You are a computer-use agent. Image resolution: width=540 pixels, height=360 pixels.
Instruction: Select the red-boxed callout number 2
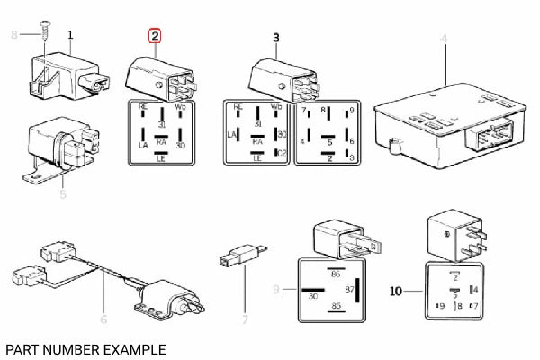pos(155,36)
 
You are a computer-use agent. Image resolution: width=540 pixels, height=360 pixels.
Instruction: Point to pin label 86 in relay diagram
pos(335,272)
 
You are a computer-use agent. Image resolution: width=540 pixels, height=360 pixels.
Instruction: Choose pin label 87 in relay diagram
pos(349,290)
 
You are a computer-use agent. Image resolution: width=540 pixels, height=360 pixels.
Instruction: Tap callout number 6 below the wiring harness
pos(103,319)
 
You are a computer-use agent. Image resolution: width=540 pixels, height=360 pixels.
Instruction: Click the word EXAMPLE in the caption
pos(134,347)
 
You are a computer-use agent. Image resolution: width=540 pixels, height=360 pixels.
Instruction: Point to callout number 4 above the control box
pos(443,37)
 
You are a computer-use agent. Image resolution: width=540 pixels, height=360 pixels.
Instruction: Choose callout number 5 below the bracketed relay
pos(63,193)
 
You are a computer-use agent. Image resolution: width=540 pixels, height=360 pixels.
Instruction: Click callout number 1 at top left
pos(70,34)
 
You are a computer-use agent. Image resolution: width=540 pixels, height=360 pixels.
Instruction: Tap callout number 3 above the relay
pos(276,37)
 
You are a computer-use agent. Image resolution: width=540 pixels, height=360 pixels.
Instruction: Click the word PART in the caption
pos(22,347)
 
